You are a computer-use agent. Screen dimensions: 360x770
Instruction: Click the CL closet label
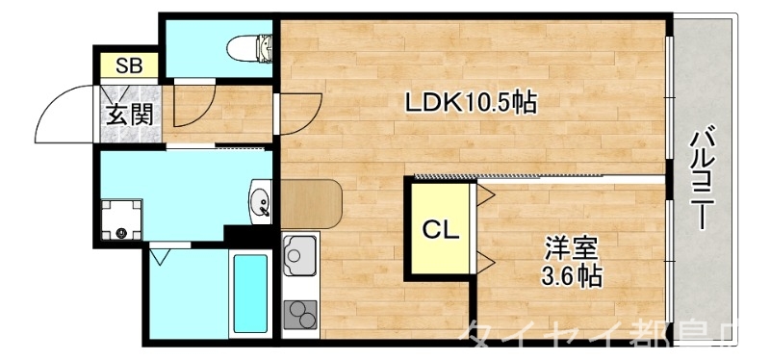[x=439, y=230]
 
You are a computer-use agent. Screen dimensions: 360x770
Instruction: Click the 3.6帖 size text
[x=572, y=277]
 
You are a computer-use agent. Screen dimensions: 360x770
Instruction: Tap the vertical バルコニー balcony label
[x=703, y=178]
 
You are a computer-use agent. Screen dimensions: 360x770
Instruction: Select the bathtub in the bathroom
[x=249, y=293]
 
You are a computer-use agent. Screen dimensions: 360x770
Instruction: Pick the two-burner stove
[x=300, y=314]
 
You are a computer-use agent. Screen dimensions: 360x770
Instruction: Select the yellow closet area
[x=439, y=231]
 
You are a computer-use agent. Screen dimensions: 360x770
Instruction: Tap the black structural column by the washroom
[x=238, y=234]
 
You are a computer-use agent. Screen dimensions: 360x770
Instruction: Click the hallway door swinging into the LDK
[x=300, y=108]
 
